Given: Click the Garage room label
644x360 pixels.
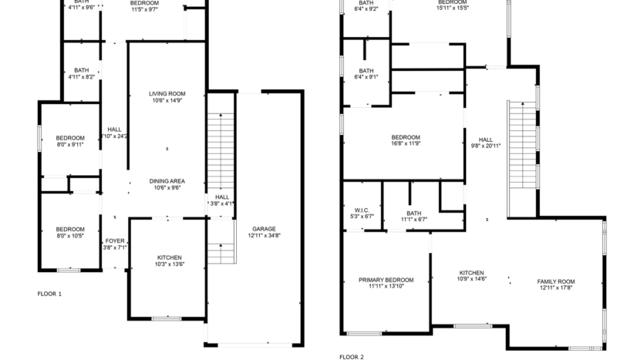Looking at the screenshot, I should pyautogui.click(x=264, y=229).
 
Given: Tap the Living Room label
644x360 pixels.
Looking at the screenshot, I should pyautogui.click(x=167, y=93).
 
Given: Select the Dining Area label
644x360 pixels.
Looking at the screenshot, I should pyautogui.click(x=167, y=180).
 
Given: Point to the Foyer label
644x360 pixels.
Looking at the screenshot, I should pyautogui.click(x=115, y=241).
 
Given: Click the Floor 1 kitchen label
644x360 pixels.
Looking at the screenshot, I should pyautogui.click(x=169, y=257).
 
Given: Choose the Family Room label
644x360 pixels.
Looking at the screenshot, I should pyautogui.click(x=555, y=281).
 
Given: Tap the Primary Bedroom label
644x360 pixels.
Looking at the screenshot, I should pyautogui.click(x=386, y=279).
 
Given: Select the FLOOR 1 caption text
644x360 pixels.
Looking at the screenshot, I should pyautogui.click(x=49, y=294).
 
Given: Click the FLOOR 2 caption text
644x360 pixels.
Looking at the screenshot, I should pyautogui.click(x=352, y=357).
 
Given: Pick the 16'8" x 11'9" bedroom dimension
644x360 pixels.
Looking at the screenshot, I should pyautogui.click(x=405, y=143).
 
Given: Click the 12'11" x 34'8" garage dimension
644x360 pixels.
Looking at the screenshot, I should pyautogui.click(x=264, y=236).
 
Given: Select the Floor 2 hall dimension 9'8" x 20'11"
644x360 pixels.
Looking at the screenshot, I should pyautogui.click(x=486, y=146).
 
